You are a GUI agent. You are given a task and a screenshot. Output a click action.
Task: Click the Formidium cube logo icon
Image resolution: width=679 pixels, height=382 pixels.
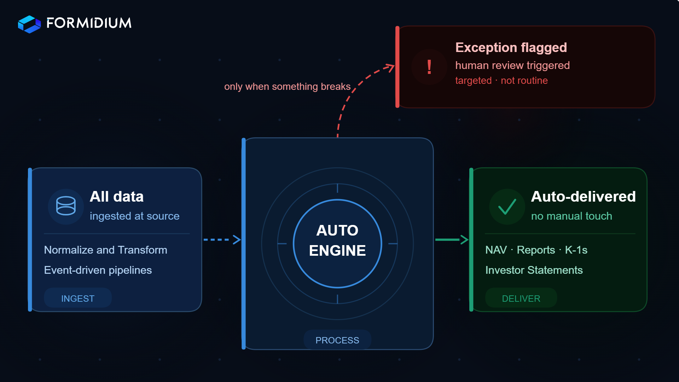pos(29,24)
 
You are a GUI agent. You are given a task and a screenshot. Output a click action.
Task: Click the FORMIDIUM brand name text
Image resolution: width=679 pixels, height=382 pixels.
pos(89,23)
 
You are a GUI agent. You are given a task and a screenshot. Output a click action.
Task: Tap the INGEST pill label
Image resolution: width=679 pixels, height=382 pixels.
pos(78,298)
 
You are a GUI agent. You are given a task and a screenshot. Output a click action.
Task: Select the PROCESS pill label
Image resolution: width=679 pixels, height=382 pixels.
pos(337,340)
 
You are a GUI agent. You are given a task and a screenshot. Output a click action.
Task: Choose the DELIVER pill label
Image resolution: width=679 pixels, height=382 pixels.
pos(521,298)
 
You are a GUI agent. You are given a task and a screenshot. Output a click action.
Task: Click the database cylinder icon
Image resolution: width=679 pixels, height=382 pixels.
pos(66,206)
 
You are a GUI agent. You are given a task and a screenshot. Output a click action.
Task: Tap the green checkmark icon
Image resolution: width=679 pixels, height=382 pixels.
pos(507,207)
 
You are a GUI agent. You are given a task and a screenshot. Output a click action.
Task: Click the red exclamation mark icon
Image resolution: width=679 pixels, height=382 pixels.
pos(429,67)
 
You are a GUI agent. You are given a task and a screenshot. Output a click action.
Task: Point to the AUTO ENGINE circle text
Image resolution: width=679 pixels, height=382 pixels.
pos(337,241)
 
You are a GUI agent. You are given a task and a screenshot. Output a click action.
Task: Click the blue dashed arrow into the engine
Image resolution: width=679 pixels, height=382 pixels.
pos(222,240)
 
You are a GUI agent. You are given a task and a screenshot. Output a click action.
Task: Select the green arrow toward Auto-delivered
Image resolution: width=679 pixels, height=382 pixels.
pos(452,240)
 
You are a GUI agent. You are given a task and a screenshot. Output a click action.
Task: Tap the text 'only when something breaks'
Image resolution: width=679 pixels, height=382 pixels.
pos(287,87)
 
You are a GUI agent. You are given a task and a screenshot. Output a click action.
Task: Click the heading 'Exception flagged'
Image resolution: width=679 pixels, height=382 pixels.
pos(511,47)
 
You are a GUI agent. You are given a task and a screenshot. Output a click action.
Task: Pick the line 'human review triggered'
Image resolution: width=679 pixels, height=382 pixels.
pos(512,65)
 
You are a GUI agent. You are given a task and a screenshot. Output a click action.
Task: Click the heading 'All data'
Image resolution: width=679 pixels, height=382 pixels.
pos(116,197)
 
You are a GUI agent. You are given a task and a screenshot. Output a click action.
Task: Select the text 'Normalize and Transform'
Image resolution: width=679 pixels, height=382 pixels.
pos(105,250)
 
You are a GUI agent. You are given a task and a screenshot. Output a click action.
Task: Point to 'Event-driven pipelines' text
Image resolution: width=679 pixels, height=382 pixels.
pos(98,270)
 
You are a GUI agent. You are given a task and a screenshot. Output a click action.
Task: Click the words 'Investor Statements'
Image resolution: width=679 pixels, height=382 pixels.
pos(534,270)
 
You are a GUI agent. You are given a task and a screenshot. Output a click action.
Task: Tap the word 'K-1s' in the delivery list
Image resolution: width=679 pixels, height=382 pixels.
pos(576,250)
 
